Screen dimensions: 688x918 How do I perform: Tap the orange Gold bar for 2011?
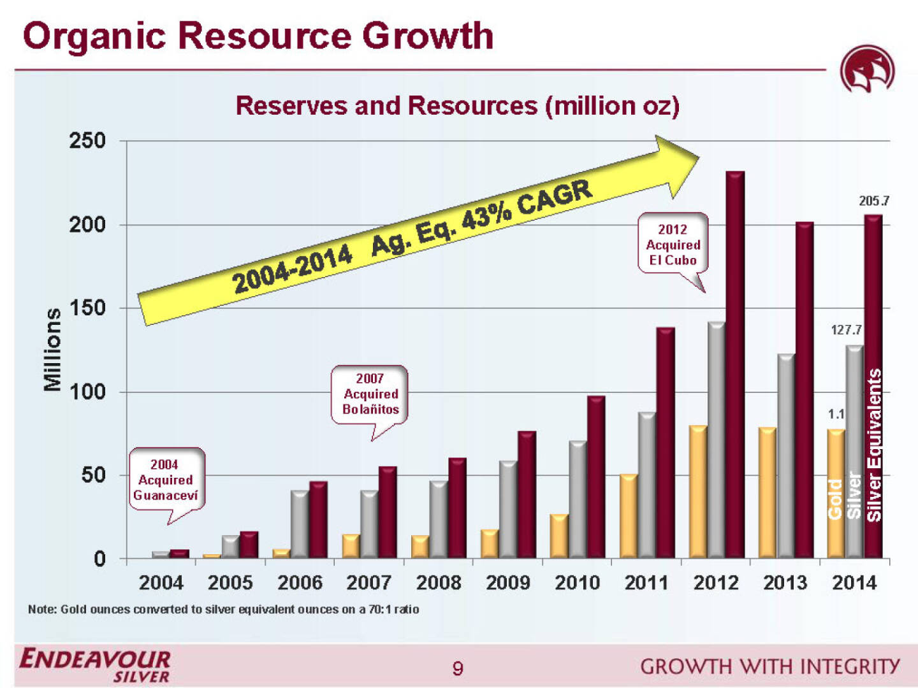click(x=629, y=516)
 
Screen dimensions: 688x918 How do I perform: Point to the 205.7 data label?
click(x=873, y=201)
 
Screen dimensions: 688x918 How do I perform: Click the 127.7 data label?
click(x=846, y=329)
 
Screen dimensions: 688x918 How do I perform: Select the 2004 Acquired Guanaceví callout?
click(x=166, y=480)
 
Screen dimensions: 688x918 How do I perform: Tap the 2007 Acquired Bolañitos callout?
click(x=370, y=394)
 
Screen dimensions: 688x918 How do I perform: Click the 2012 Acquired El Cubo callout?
click(x=673, y=245)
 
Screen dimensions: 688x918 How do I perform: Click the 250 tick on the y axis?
click(x=87, y=141)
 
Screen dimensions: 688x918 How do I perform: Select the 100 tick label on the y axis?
click(x=87, y=392)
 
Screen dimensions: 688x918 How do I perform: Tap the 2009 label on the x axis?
click(x=507, y=582)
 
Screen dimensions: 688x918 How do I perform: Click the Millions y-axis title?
click(x=52, y=349)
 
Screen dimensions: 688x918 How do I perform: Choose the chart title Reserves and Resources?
click(x=457, y=106)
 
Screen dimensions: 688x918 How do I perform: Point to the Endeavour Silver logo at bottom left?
click(x=95, y=665)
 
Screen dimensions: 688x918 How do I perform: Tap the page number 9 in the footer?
click(x=457, y=668)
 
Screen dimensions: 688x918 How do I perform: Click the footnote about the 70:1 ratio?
click(x=223, y=609)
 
